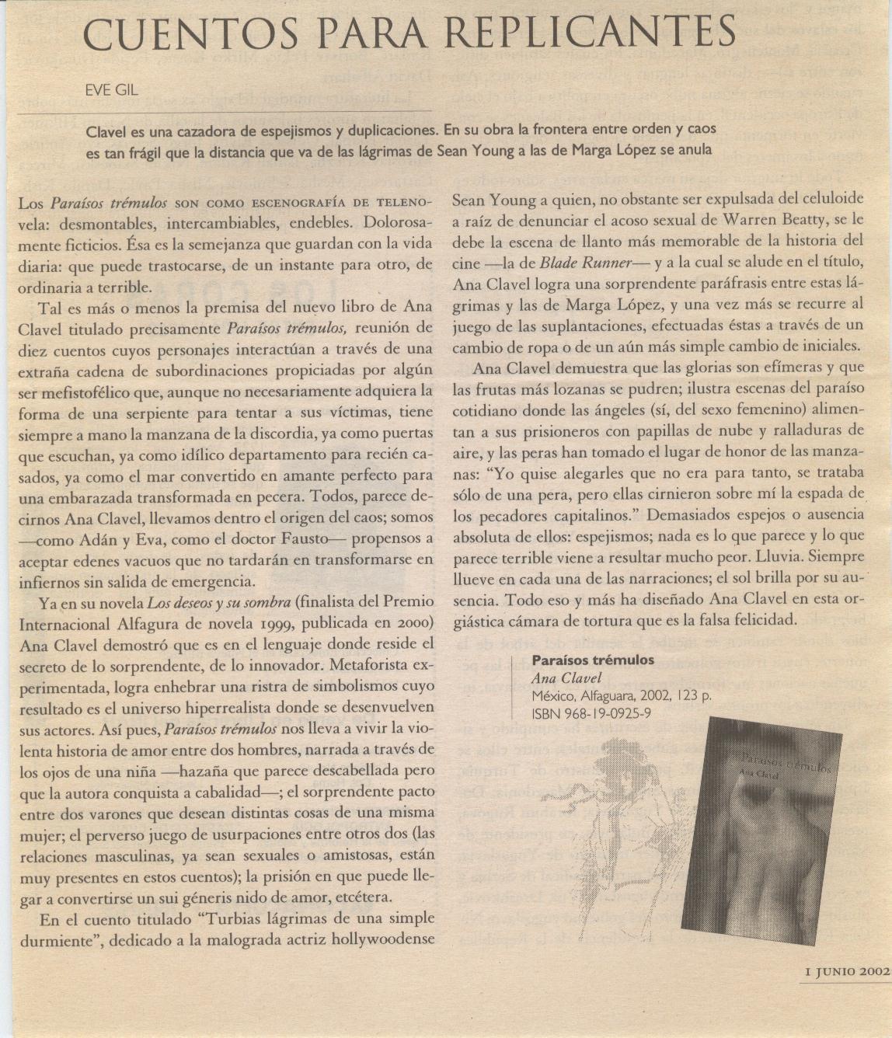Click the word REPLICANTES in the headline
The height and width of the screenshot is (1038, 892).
pyautogui.click(x=593, y=33)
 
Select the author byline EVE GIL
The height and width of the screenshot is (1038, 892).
pyautogui.click(x=112, y=90)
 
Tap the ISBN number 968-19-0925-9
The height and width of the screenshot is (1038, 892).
pyautogui.click(x=602, y=713)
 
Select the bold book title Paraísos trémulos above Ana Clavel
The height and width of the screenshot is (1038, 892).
pyautogui.click(x=592, y=660)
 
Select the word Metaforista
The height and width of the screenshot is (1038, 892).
pyautogui.click(x=370, y=665)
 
